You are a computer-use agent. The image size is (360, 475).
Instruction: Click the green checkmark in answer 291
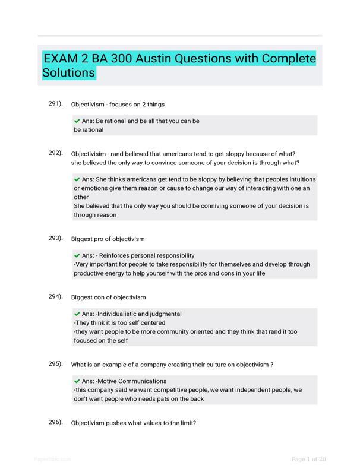(77, 121)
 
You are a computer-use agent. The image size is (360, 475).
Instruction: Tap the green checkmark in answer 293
(77, 255)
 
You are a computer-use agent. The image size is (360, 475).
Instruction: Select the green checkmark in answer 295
(77, 381)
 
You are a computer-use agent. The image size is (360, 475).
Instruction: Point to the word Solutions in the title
(69, 73)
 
